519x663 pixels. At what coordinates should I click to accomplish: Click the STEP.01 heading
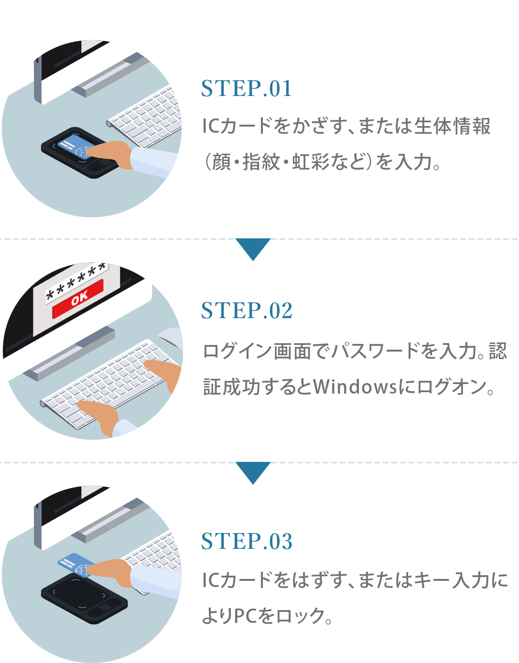coord(246,88)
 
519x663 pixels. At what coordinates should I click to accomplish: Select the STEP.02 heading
coord(246,310)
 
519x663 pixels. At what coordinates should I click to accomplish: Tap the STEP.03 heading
coord(246,541)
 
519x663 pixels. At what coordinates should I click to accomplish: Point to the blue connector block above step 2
coord(253,250)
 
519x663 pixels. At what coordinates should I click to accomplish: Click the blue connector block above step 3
coord(253,473)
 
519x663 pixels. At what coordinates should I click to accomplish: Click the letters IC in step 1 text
coord(211,127)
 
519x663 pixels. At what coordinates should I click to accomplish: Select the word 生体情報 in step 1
coord(452,127)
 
